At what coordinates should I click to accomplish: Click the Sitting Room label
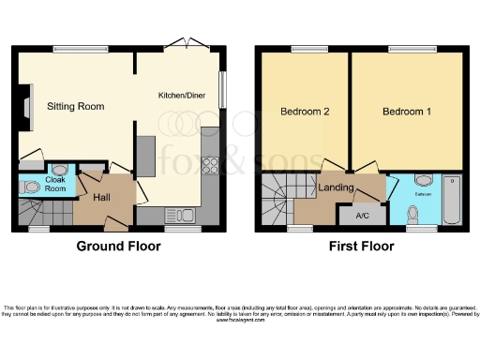point(75,106)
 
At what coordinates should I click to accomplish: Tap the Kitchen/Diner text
point(184,95)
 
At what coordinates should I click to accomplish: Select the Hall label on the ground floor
point(103,198)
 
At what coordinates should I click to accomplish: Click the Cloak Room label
point(56,184)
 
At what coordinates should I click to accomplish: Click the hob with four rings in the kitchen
point(210,169)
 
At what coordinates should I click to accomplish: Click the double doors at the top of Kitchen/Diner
point(184,45)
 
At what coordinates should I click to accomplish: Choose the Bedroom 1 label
point(406,112)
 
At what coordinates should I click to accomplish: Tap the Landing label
point(336,187)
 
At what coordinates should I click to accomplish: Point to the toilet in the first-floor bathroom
point(413,215)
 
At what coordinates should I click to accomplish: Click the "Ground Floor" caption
point(117,247)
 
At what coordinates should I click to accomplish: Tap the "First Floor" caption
point(361,247)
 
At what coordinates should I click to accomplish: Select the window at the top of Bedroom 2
point(305,49)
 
